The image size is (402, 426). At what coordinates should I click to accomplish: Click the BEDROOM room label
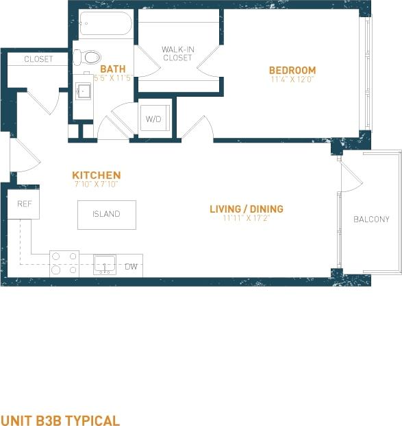[x=292, y=70]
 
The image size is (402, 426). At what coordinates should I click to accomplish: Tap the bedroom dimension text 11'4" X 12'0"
[x=292, y=79]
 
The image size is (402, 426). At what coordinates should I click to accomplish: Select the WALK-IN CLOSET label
[x=177, y=54]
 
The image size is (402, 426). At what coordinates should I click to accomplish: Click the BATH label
[x=112, y=69]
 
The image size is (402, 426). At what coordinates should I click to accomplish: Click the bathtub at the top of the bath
[x=105, y=25]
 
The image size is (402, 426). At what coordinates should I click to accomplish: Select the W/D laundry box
[x=153, y=119]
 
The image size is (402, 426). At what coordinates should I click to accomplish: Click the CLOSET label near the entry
[x=38, y=59]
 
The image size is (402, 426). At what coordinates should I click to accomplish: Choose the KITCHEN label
[x=97, y=175]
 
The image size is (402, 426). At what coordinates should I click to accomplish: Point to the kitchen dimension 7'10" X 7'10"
[x=97, y=184]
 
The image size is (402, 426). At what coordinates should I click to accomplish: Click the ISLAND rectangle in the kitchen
[x=106, y=214]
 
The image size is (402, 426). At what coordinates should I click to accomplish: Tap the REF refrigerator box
[x=24, y=204]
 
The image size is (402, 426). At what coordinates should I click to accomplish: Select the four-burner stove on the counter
[x=64, y=263]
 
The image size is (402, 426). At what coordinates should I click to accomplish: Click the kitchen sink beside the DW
[x=105, y=264]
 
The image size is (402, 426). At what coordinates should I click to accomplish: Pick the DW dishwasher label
[x=131, y=266]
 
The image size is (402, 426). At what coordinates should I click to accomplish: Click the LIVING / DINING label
[x=247, y=209]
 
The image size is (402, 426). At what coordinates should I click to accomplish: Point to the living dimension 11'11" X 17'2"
[x=247, y=218]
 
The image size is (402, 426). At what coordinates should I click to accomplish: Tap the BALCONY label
[x=371, y=220]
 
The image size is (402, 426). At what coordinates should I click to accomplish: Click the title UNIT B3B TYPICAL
[x=60, y=421]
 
